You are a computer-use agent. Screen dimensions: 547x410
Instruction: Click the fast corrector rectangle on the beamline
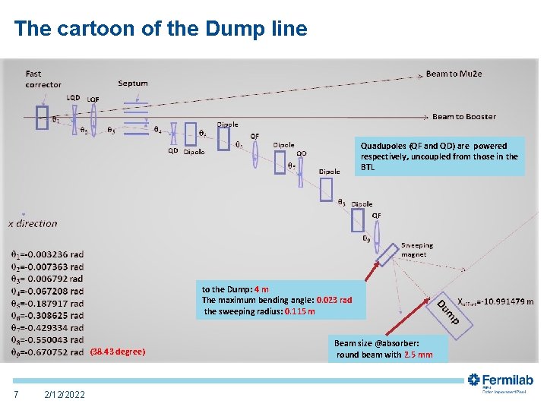(43, 118)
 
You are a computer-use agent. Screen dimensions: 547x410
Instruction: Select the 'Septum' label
(133, 83)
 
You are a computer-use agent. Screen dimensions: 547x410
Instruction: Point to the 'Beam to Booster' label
(463, 116)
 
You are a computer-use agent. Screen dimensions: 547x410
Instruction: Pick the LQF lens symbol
(93, 119)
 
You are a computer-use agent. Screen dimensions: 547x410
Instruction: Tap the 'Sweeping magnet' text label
(416, 250)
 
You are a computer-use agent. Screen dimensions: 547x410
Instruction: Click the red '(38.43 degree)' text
(118, 352)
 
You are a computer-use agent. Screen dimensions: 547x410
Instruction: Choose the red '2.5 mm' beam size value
(418, 355)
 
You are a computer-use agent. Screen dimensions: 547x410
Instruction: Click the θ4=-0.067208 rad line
(46, 291)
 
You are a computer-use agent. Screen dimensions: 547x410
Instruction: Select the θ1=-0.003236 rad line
(46, 254)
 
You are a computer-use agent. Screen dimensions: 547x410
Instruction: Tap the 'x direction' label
(33, 223)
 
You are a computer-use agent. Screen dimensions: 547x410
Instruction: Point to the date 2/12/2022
(65, 394)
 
